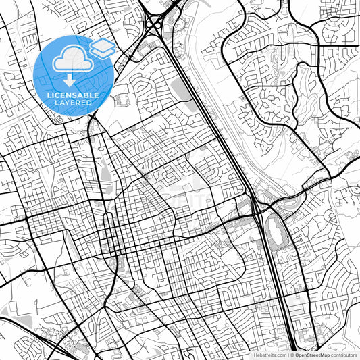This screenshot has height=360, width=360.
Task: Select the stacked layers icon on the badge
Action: tap(102, 47)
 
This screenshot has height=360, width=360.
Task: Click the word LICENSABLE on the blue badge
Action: tap(71, 95)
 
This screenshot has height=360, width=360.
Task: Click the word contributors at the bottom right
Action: tap(344, 354)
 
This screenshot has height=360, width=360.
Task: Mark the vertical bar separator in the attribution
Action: tap(288, 354)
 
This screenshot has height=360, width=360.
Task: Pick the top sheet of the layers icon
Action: tap(102, 44)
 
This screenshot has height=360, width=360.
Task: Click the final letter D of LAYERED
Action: tap(91, 104)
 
